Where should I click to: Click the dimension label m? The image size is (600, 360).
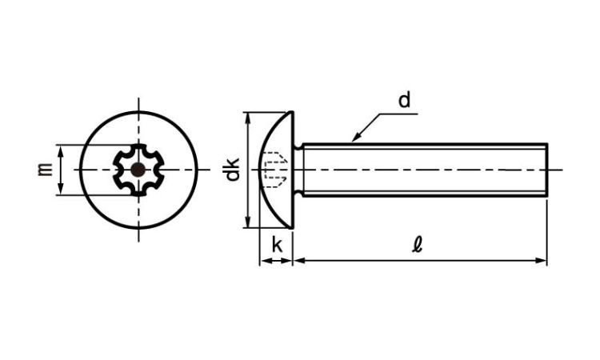click(45, 169)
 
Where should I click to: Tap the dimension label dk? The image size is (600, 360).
click(231, 169)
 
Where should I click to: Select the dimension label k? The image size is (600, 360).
click(277, 246)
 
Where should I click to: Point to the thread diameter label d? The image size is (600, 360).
click(404, 100)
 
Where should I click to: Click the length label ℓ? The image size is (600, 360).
click(417, 245)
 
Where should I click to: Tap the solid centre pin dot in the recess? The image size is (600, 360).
click(138, 170)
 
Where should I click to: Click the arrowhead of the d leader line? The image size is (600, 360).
click(356, 137)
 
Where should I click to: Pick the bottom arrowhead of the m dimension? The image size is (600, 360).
click(61, 189)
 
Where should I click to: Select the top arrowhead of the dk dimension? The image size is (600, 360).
click(249, 118)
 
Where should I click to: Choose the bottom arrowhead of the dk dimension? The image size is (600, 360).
click(249, 222)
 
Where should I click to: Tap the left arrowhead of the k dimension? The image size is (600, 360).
click(265, 261)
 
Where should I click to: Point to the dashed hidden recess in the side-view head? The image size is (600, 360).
click(275, 170)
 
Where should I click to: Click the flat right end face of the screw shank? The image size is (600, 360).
click(547, 170)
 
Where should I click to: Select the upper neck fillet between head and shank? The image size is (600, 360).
click(298, 146)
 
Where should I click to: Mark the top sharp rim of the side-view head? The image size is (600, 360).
click(292, 113)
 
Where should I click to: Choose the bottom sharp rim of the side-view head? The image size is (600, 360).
click(292, 227)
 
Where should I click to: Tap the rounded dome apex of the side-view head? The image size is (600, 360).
click(261, 170)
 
